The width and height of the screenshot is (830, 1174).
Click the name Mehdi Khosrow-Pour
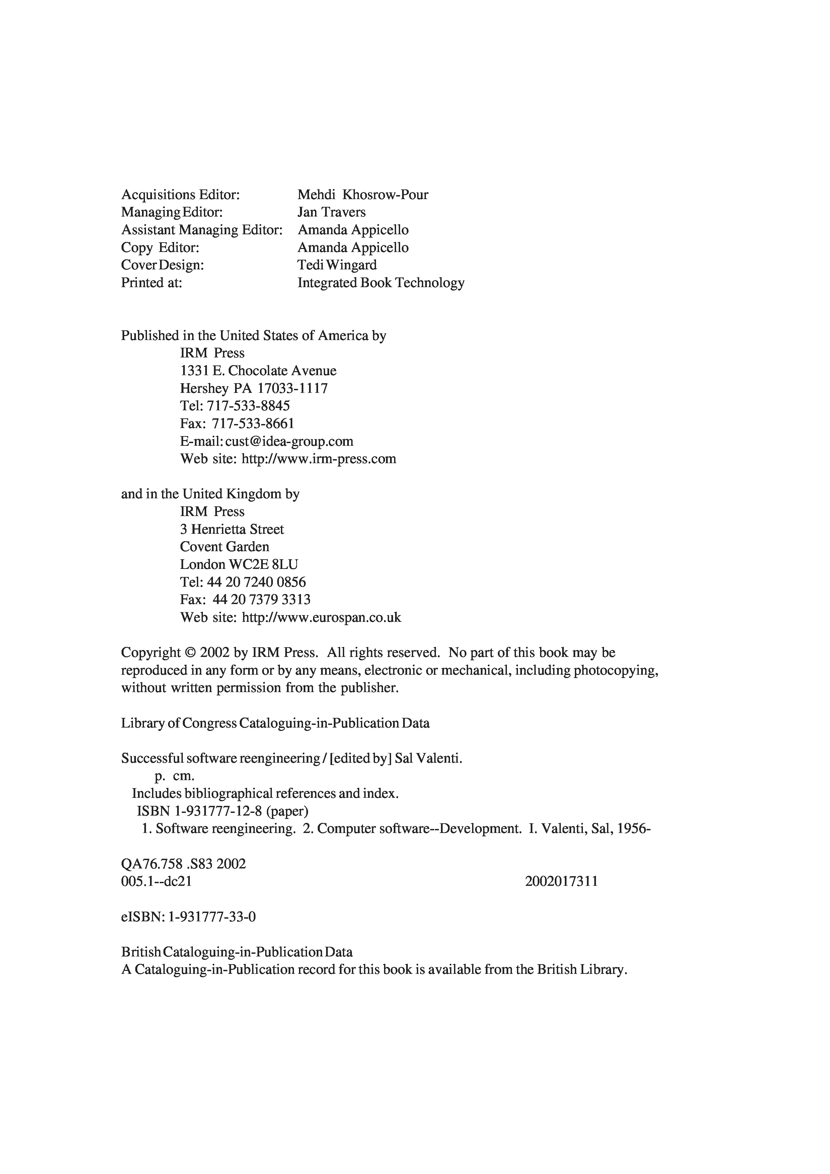363,195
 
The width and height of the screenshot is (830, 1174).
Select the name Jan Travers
331,212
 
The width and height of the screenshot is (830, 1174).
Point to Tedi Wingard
337,265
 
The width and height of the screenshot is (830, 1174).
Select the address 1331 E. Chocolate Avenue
258,371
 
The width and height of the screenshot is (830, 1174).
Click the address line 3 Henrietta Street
232,529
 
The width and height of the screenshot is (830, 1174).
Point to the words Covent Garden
225,547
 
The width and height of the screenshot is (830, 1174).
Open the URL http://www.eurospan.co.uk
321,618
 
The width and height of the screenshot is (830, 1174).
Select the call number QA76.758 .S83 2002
183,864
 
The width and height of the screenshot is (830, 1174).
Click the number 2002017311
561,882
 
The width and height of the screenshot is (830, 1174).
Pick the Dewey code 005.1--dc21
156,882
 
